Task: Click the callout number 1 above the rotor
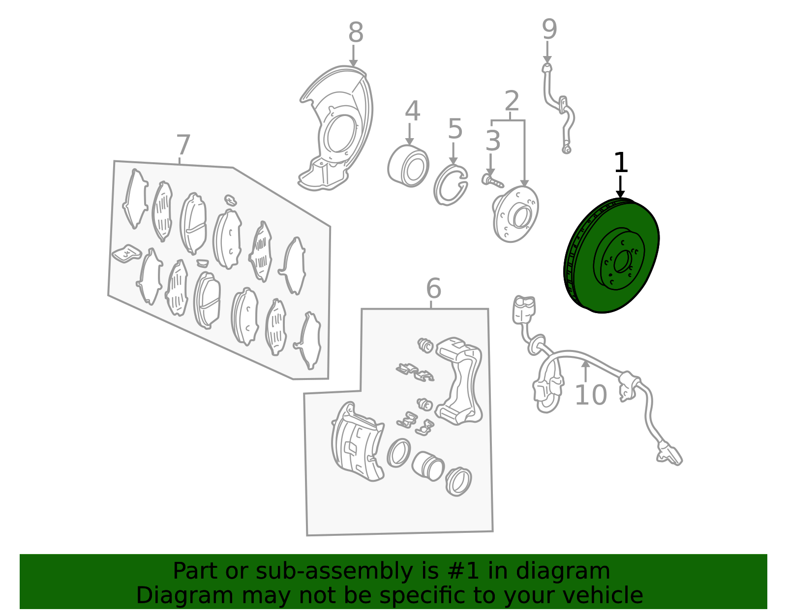click(621, 163)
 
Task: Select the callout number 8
click(356, 32)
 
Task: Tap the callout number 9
click(549, 29)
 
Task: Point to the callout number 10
click(591, 395)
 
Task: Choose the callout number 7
click(183, 145)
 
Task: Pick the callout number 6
click(433, 289)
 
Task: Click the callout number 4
click(413, 111)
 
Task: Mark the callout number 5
click(455, 128)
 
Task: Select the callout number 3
click(493, 141)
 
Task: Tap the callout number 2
click(512, 101)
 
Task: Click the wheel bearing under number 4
click(408, 166)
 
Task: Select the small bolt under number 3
click(492, 181)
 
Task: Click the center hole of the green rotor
click(623, 261)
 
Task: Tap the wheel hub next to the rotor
click(515, 214)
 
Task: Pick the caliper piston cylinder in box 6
click(428, 466)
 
